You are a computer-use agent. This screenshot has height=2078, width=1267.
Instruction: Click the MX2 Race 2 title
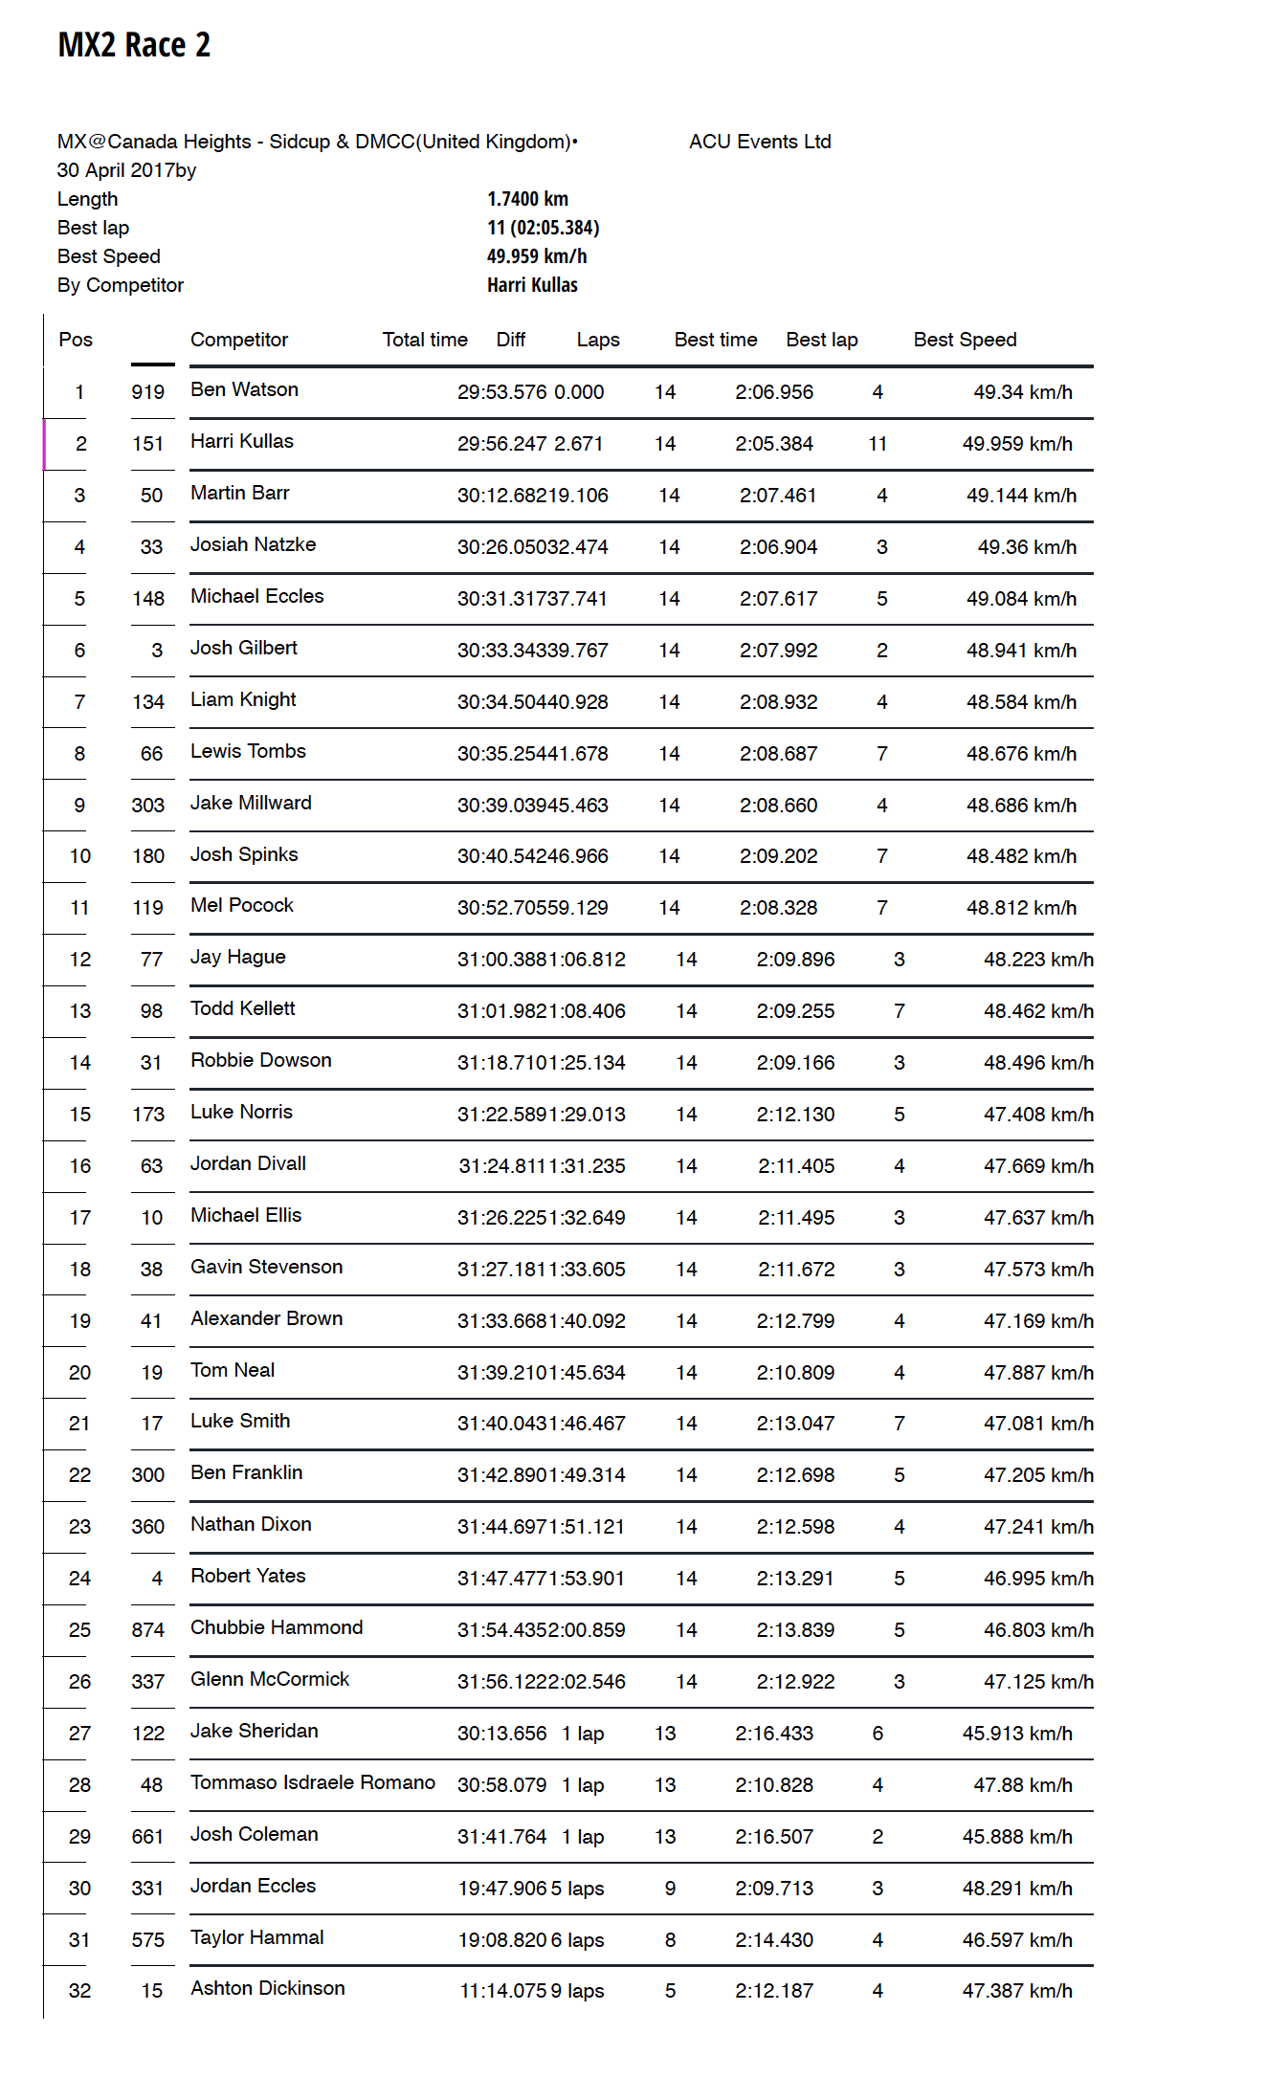[134, 45]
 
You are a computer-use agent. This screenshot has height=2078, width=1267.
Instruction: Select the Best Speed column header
[965, 340]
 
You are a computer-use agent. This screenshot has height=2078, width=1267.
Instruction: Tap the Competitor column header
[239, 340]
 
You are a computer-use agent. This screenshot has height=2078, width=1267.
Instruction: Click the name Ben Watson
[244, 389]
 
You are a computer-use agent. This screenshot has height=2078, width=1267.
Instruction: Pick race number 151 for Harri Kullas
[148, 444]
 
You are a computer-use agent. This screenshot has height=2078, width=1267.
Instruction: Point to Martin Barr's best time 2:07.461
[778, 496]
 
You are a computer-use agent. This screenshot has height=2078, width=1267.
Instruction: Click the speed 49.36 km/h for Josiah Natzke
[1027, 547]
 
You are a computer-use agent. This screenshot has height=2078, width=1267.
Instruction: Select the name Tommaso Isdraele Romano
[313, 1782]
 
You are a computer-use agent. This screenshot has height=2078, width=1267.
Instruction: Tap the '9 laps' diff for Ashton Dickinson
[577, 1991]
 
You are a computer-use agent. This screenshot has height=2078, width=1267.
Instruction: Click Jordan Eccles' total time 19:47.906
[502, 1889]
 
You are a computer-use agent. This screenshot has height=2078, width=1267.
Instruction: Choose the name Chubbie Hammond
[277, 1627]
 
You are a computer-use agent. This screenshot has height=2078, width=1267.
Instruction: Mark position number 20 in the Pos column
[80, 1373]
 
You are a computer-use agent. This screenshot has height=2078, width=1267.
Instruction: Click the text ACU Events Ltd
[760, 142]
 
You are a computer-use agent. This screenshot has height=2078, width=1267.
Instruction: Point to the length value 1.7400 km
[527, 199]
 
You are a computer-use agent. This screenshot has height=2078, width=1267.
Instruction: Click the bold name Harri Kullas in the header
[532, 285]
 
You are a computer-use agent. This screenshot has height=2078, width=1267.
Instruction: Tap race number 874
[148, 1630]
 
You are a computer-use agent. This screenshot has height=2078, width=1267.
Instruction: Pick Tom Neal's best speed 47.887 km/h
[1038, 1373]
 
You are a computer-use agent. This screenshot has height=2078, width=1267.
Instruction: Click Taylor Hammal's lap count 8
[670, 1940]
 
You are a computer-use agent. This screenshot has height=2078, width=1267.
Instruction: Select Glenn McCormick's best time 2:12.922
[795, 1682]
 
